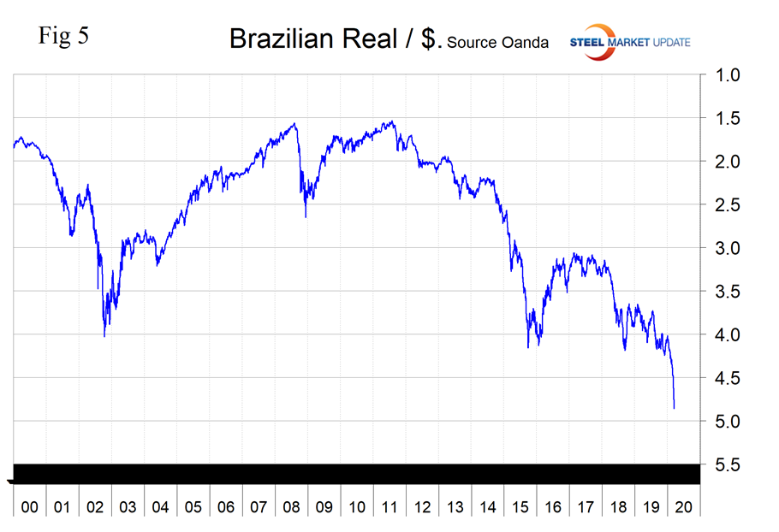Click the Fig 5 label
pyautogui.click(x=62, y=36)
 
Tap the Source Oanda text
pyautogui.click(x=497, y=42)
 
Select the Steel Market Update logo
pyautogui.click(x=628, y=42)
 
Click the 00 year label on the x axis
pyautogui.click(x=29, y=507)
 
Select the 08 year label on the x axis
pyautogui.click(x=291, y=507)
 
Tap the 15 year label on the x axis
pyautogui.click(x=520, y=507)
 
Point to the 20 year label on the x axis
pyautogui.click(x=684, y=507)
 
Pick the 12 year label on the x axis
pyautogui.click(x=422, y=507)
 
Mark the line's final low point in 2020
pyautogui.click(x=674, y=408)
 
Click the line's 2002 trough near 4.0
pyautogui.click(x=104, y=336)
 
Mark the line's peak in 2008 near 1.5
pyautogui.click(x=295, y=123)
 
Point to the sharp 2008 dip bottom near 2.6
pyautogui.click(x=306, y=216)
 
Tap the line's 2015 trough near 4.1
pyautogui.click(x=528, y=346)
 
